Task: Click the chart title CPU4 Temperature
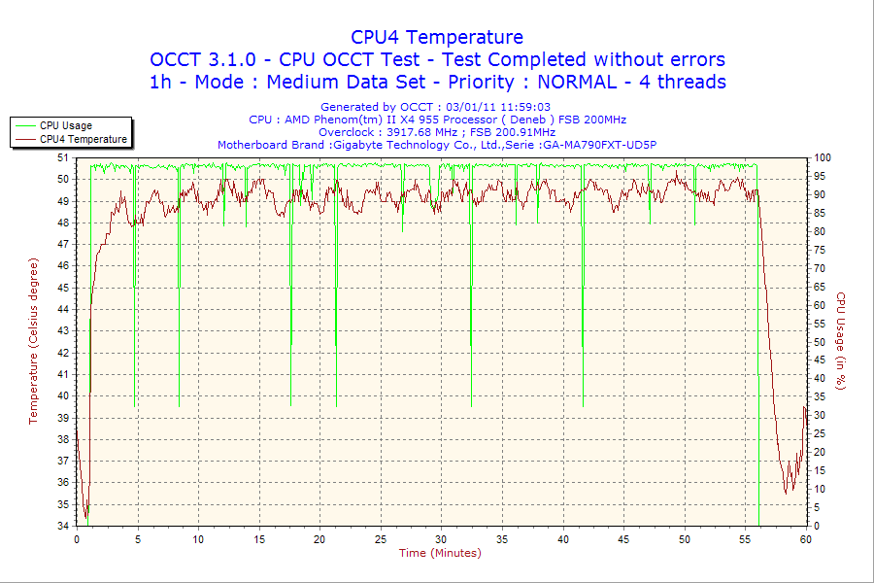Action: [x=437, y=37]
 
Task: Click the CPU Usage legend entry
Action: [x=65, y=125]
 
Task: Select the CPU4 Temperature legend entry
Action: [x=83, y=139]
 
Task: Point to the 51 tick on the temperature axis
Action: [x=63, y=157]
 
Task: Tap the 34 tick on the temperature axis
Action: [x=63, y=526]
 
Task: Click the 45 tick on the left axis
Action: [x=63, y=288]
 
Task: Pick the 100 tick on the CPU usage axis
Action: [x=822, y=157]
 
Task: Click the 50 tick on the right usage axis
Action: [x=820, y=342]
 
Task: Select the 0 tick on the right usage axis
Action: [x=817, y=526]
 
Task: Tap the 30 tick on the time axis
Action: [x=442, y=539]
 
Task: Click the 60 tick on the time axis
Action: [x=806, y=539]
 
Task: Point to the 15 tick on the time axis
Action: [x=259, y=539]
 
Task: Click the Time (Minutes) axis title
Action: [x=440, y=553]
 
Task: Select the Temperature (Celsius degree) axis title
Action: [x=33, y=341]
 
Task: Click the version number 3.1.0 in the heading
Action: [x=229, y=59]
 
